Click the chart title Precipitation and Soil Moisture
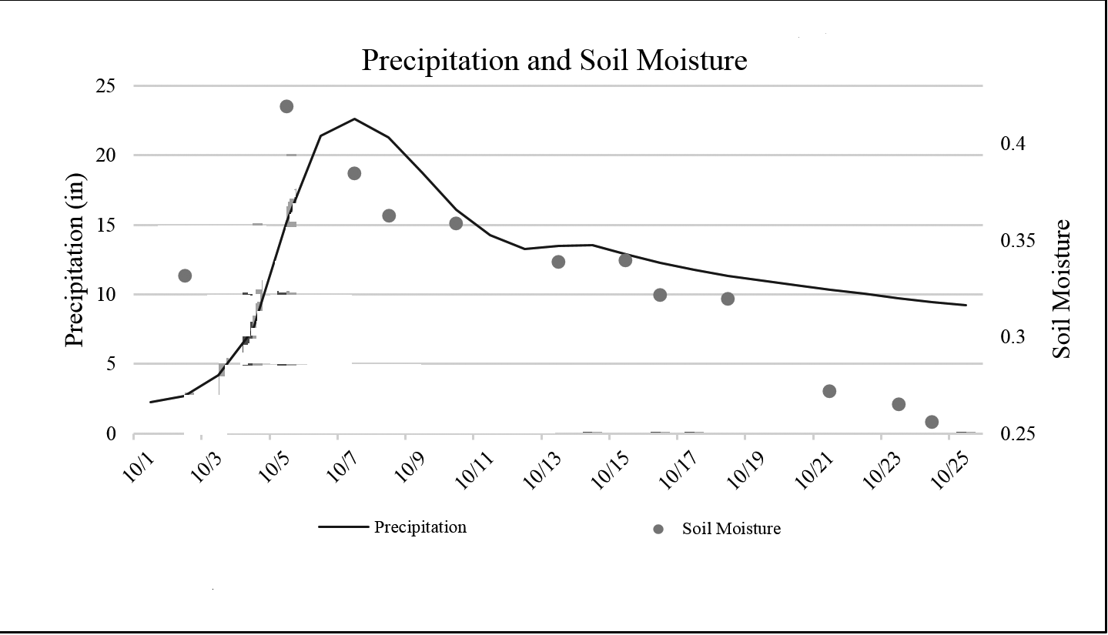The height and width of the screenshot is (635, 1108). pos(554,60)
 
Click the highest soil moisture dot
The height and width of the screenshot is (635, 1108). pos(286,106)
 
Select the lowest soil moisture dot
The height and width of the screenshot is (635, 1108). pos(932,422)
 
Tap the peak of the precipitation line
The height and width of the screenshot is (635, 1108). pos(354,119)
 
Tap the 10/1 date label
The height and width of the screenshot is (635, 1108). pos(138,466)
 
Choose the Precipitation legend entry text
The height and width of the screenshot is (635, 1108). pos(420,527)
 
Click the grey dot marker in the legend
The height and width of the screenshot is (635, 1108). pos(658,529)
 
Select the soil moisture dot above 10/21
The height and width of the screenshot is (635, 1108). pos(829,391)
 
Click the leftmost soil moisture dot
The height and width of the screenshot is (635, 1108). pos(185,276)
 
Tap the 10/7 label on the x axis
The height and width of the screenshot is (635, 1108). pos(343,466)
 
